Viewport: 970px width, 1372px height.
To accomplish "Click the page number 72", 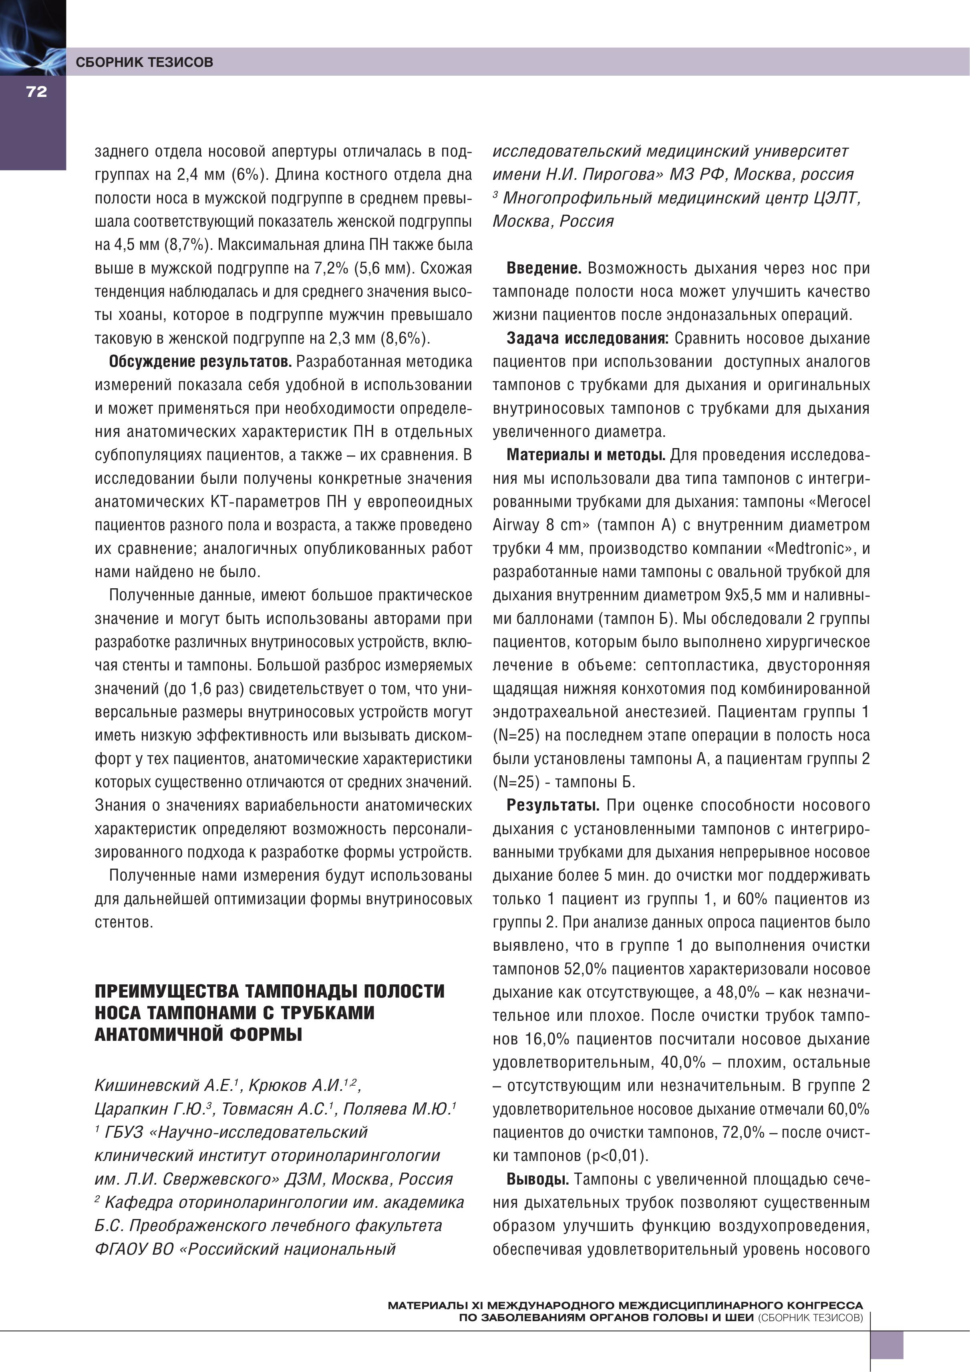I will pyautogui.click(x=36, y=91).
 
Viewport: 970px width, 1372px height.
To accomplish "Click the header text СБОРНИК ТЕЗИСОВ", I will pyautogui.click(x=144, y=62).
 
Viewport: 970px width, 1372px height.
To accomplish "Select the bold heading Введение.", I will pyautogui.click(x=543, y=268).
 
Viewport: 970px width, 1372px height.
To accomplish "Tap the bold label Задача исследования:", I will pyautogui.click(x=587, y=338).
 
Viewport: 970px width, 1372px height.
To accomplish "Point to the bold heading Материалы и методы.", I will pyautogui.click(x=586, y=455).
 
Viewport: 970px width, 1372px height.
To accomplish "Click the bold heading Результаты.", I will pyautogui.click(x=552, y=805).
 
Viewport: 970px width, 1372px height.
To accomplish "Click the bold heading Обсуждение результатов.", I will pyautogui.click(x=200, y=362).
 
